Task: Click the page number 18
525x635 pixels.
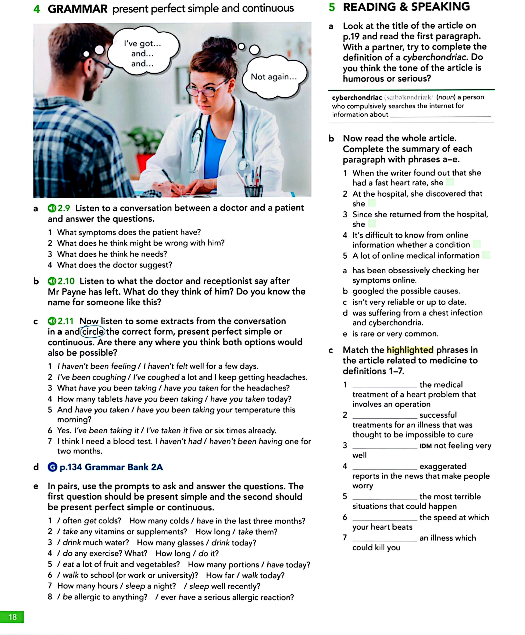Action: point(12,617)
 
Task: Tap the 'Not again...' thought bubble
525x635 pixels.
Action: point(274,77)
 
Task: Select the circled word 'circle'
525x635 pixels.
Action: point(93,332)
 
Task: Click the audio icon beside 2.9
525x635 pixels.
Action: point(52,208)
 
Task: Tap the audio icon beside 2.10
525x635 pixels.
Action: point(52,281)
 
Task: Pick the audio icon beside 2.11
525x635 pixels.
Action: point(52,321)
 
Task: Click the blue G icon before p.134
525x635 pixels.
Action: point(52,467)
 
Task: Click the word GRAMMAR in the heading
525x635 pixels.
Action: point(77,9)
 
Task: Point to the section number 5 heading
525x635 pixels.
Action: point(332,7)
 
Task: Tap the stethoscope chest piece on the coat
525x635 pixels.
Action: point(243,165)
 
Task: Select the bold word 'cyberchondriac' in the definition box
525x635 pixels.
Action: point(357,98)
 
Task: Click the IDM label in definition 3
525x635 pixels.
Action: point(425,446)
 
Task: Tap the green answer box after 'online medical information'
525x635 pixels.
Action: point(486,255)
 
